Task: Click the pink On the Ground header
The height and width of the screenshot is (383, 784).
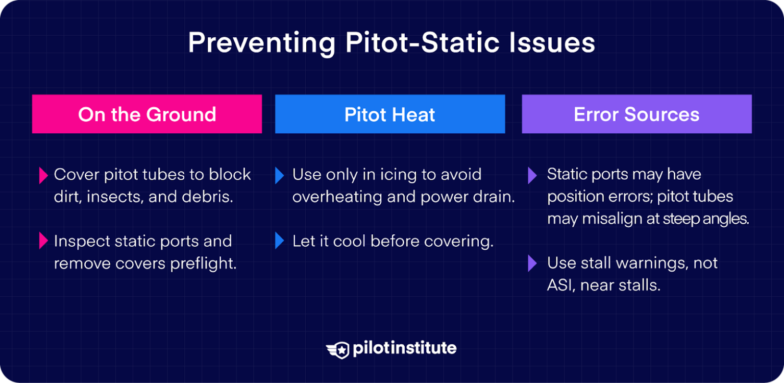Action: (147, 114)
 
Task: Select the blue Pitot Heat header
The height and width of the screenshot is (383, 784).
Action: (390, 114)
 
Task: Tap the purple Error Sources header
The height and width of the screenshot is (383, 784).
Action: (636, 114)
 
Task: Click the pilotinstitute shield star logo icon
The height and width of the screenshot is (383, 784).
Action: (338, 349)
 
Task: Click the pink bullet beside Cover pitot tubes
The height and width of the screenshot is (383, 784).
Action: (43, 176)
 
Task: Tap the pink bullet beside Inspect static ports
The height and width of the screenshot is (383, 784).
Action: (43, 241)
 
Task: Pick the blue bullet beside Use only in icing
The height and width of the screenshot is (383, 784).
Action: (279, 176)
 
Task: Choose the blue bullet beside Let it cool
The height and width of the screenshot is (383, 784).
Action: (279, 241)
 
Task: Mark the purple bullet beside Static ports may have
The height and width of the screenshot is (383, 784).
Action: (532, 176)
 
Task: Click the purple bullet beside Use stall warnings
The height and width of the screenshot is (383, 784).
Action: (532, 264)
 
